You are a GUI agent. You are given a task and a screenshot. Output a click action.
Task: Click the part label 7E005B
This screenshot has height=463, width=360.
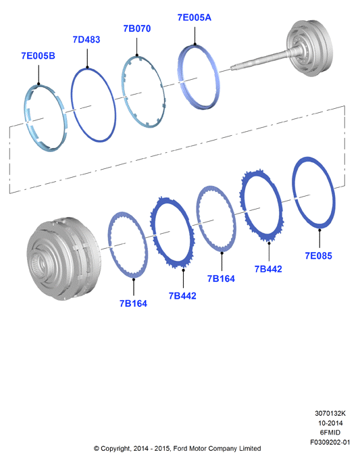click(x=38, y=55)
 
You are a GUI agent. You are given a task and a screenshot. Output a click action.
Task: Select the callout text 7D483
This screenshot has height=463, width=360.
click(x=86, y=39)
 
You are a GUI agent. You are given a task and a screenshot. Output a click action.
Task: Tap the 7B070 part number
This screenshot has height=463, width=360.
click(x=137, y=28)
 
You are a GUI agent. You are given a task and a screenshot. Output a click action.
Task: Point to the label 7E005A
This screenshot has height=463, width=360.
click(x=194, y=18)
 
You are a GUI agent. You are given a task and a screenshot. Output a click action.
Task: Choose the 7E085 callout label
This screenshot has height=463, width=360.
click(x=318, y=255)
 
